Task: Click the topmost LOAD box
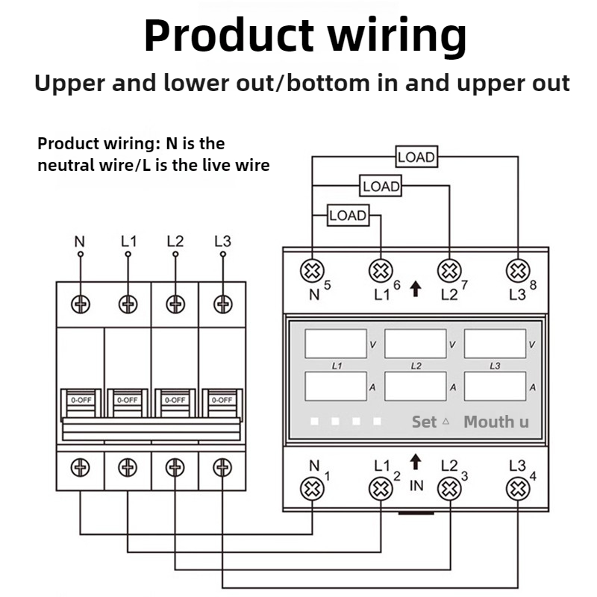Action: (416, 157)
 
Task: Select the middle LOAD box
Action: (381, 186)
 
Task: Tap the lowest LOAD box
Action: (348, 215)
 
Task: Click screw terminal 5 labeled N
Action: (312, 271)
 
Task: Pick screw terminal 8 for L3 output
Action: (518, 271)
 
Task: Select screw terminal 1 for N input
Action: (312, 489)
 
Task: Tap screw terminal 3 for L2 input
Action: (450, 489)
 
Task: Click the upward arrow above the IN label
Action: (416, 462)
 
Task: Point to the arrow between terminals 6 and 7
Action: (416, 289)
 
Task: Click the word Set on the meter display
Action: (424, 422)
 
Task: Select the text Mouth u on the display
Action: (496, 422)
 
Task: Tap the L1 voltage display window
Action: (336, 344)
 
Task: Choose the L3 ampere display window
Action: (495, 387)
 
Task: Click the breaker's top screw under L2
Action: (175, 304)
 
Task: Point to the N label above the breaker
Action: (80, 241)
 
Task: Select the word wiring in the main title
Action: (398, 36)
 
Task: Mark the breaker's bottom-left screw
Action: (81, 468)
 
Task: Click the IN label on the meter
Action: (416, 486)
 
